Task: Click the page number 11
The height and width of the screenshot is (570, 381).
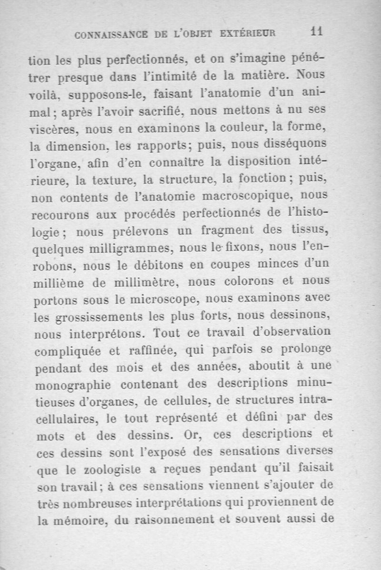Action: pyautogui.click(x=317, y=31)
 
